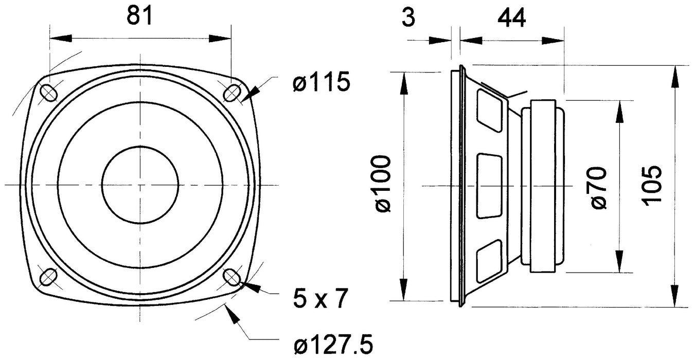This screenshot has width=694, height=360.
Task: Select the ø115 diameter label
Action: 322,82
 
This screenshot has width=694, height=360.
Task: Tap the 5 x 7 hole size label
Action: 317,298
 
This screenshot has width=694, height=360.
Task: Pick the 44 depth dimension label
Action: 511,19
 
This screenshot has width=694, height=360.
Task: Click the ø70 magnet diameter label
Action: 599,187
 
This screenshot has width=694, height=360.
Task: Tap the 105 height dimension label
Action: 652,185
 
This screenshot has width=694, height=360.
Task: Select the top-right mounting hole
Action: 232,93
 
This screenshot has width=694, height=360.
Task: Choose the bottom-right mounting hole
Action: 232,277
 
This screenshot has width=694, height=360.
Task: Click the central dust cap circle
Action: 140,185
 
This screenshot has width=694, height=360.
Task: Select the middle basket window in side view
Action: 489,186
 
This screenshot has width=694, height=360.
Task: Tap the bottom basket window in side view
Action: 489,261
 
